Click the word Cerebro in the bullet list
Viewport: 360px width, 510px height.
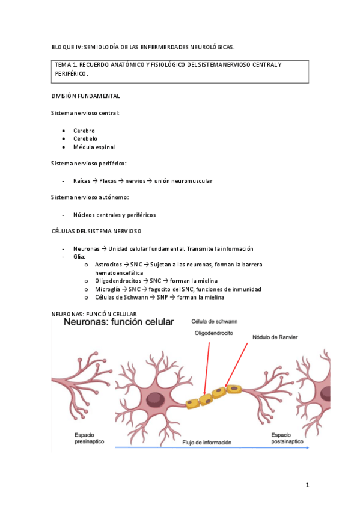click(84, 131)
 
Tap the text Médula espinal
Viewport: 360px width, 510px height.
click(94, 147)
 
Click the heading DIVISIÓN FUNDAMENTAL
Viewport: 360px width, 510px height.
click(85, 96)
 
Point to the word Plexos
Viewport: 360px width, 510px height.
click(108, 180)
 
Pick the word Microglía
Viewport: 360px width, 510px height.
click(107, 289)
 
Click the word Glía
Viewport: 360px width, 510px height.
click(79, 257)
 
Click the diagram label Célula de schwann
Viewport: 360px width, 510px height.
click(213, 321)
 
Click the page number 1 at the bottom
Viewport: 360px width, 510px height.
click(307, 485)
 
